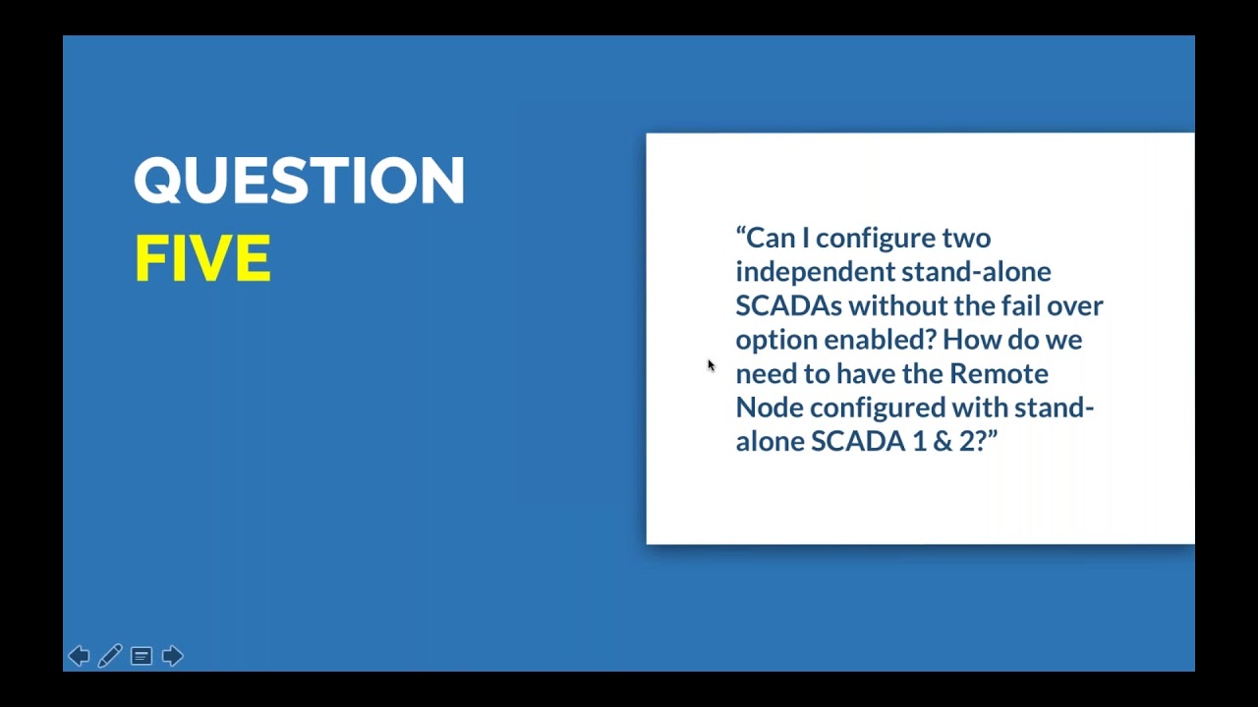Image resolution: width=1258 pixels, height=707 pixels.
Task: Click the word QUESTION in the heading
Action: (x=299, y=181)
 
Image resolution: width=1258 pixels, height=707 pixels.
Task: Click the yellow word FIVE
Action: (x=201, y=259)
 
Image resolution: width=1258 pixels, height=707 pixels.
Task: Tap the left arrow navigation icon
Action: (x=79, y=656)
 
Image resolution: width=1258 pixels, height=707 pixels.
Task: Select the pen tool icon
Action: (x=110, y=656)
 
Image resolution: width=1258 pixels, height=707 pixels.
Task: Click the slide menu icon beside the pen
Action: (x=142, y=656)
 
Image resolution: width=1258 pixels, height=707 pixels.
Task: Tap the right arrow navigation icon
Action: (x=172, y=656)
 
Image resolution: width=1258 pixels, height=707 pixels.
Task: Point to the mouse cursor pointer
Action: (x=711, y=365)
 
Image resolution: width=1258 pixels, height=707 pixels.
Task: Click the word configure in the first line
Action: (x=875, y=239)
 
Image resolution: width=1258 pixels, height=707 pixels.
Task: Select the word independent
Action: (x=813, y=272)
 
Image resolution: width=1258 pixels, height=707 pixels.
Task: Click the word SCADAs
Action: (x=788, y=305)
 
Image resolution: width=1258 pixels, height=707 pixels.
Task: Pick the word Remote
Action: (x=998, y=373)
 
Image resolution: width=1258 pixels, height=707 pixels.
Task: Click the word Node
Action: (x=769, y=408)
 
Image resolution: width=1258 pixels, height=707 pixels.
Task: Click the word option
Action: (x=775, y=341)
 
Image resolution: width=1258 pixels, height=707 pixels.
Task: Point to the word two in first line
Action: (x=966, y=239)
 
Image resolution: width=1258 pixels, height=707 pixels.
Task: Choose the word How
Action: (x=967, y=340)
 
